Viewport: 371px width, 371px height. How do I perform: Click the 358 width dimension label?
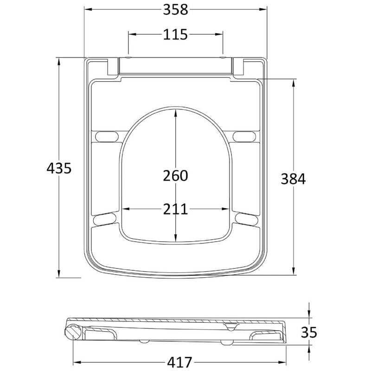pos(175,10)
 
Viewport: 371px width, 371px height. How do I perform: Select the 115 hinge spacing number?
pos(175,34)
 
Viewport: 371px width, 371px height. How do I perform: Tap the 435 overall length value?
pos(59,168)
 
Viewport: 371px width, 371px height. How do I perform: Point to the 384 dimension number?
pos(293,179)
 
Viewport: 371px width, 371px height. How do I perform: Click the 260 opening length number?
pos(175,176)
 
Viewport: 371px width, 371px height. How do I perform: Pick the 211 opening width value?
pos(175,209)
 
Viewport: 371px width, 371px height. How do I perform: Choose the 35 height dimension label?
pos(309,332)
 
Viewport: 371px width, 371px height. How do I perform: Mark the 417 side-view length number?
pos(179,362)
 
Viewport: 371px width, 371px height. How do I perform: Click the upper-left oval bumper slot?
pos(107,136)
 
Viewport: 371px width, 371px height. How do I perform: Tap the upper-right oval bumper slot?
pos(244,136)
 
